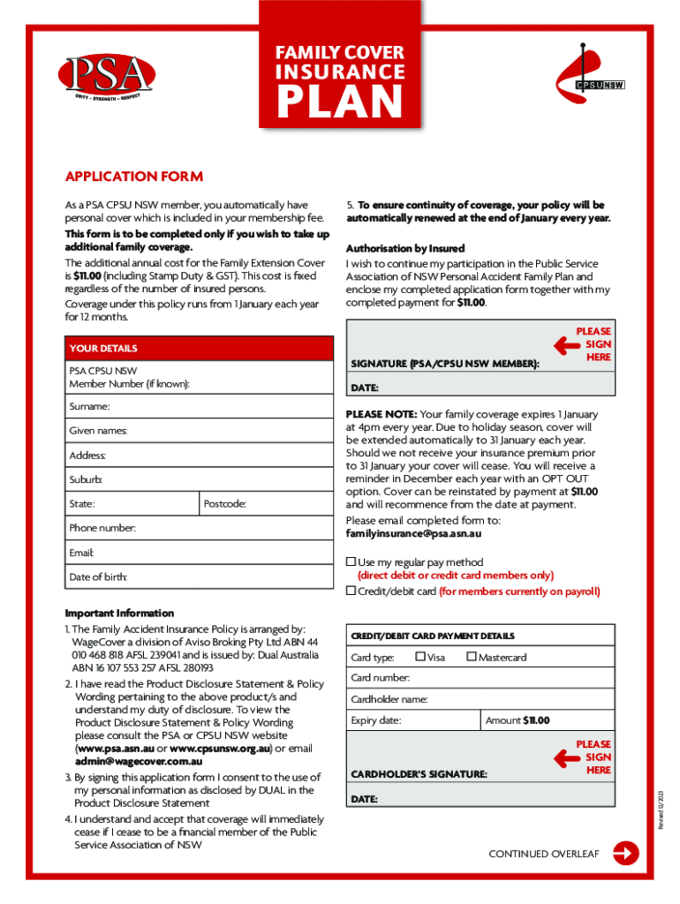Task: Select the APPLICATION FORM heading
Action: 134,177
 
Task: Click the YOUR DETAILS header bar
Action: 199,349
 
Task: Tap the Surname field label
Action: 90,407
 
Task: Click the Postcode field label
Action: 224,504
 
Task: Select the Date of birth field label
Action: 98,577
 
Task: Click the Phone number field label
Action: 102,528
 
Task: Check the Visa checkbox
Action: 419,656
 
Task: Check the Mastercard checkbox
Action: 471,656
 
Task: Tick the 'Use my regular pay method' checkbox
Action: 351,561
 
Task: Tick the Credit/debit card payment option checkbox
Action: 351,591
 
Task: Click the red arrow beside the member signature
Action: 565,344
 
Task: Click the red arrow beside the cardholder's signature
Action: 565,757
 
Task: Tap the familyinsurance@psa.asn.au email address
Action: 413,534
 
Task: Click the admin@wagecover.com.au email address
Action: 139,761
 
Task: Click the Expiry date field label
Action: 376,720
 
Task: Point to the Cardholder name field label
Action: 389,699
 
